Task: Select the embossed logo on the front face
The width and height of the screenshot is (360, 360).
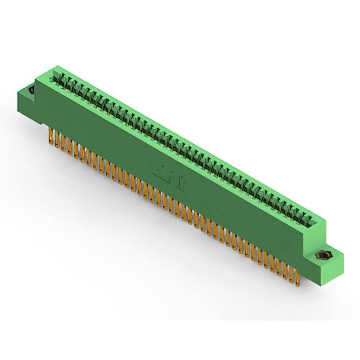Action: tap(169, 174)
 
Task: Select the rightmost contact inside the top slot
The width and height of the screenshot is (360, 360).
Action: tap(308, 217)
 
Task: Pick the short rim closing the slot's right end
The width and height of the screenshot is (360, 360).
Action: tap(315, 220)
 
